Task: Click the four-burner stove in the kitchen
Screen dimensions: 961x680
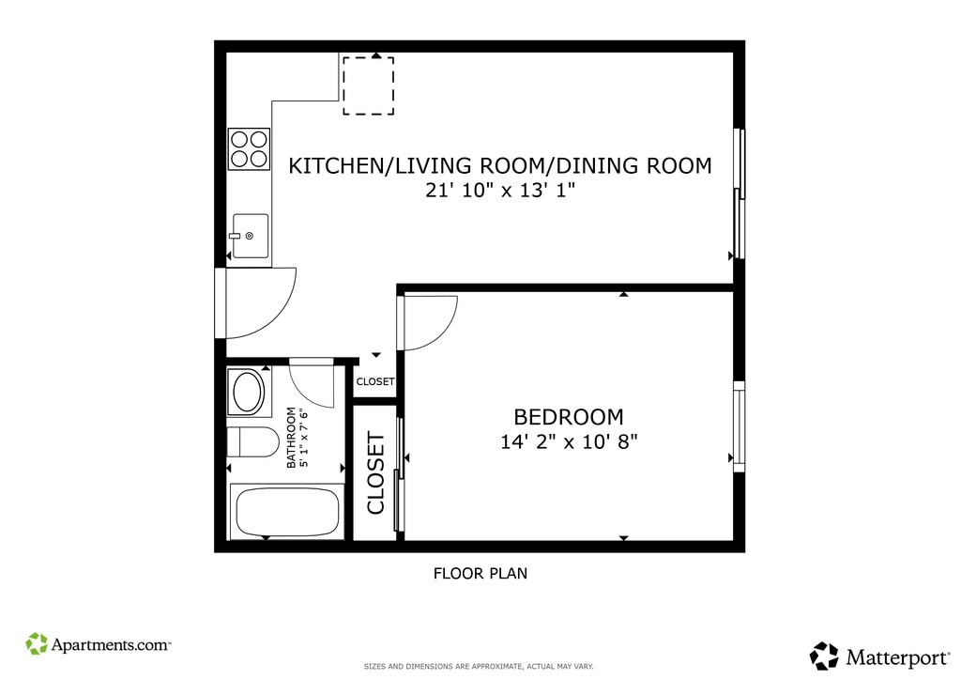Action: click(249, 149)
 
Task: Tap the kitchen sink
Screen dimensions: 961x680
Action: click(251, 236)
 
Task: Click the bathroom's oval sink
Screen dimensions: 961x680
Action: click(247, 392)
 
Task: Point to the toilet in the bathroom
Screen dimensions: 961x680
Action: click(252, 441)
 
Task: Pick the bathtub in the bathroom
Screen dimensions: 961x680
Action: click(287, 512)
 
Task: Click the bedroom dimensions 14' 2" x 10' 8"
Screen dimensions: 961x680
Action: click(569, 441)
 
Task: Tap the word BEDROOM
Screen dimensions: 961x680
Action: click(569, 417)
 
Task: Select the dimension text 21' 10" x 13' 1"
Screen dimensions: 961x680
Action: click(501, 190)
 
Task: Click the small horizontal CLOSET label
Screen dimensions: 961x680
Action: click(375, 381)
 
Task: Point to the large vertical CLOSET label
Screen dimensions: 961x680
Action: click(375, 472)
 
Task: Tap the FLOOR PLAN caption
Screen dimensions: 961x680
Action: click(480, 573)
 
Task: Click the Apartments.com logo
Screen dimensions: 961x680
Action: click(98, 644)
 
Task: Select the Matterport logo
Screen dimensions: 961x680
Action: click(879, 657)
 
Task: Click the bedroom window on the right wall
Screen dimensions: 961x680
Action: click(740, 426)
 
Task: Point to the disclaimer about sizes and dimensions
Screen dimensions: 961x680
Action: click(479, 666)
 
